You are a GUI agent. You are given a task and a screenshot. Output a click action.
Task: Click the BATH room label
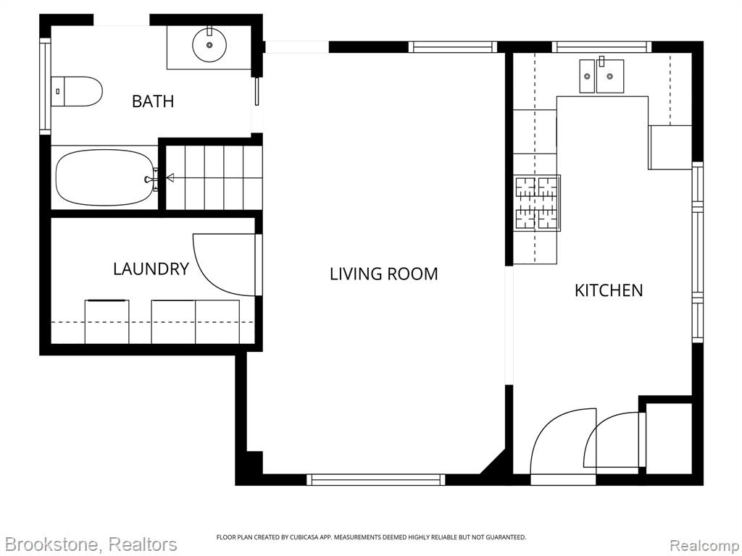(153, 101)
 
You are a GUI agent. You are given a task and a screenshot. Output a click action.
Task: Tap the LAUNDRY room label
(151, 269)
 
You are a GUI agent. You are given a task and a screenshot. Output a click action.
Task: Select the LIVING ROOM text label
(384, 274)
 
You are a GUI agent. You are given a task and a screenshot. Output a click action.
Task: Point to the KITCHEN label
(609, 290)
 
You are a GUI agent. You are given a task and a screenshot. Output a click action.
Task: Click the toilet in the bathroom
(77, 91)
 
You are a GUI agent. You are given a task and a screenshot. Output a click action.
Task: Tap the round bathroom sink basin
(209, 45)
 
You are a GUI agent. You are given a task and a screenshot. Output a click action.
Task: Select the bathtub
(105, 178)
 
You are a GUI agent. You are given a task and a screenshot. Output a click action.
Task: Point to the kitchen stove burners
(537, 203)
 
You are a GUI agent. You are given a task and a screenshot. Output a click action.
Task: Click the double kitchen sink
(601, 75)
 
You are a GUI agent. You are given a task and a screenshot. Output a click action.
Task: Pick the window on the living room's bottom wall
(376, 480)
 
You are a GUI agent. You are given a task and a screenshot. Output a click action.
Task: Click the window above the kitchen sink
(601, 47)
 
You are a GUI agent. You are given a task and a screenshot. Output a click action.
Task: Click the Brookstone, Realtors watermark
(89, 544)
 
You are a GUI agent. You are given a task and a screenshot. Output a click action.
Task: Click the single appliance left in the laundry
(107, 321)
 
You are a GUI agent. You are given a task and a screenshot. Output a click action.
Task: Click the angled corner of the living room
(493, 461)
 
